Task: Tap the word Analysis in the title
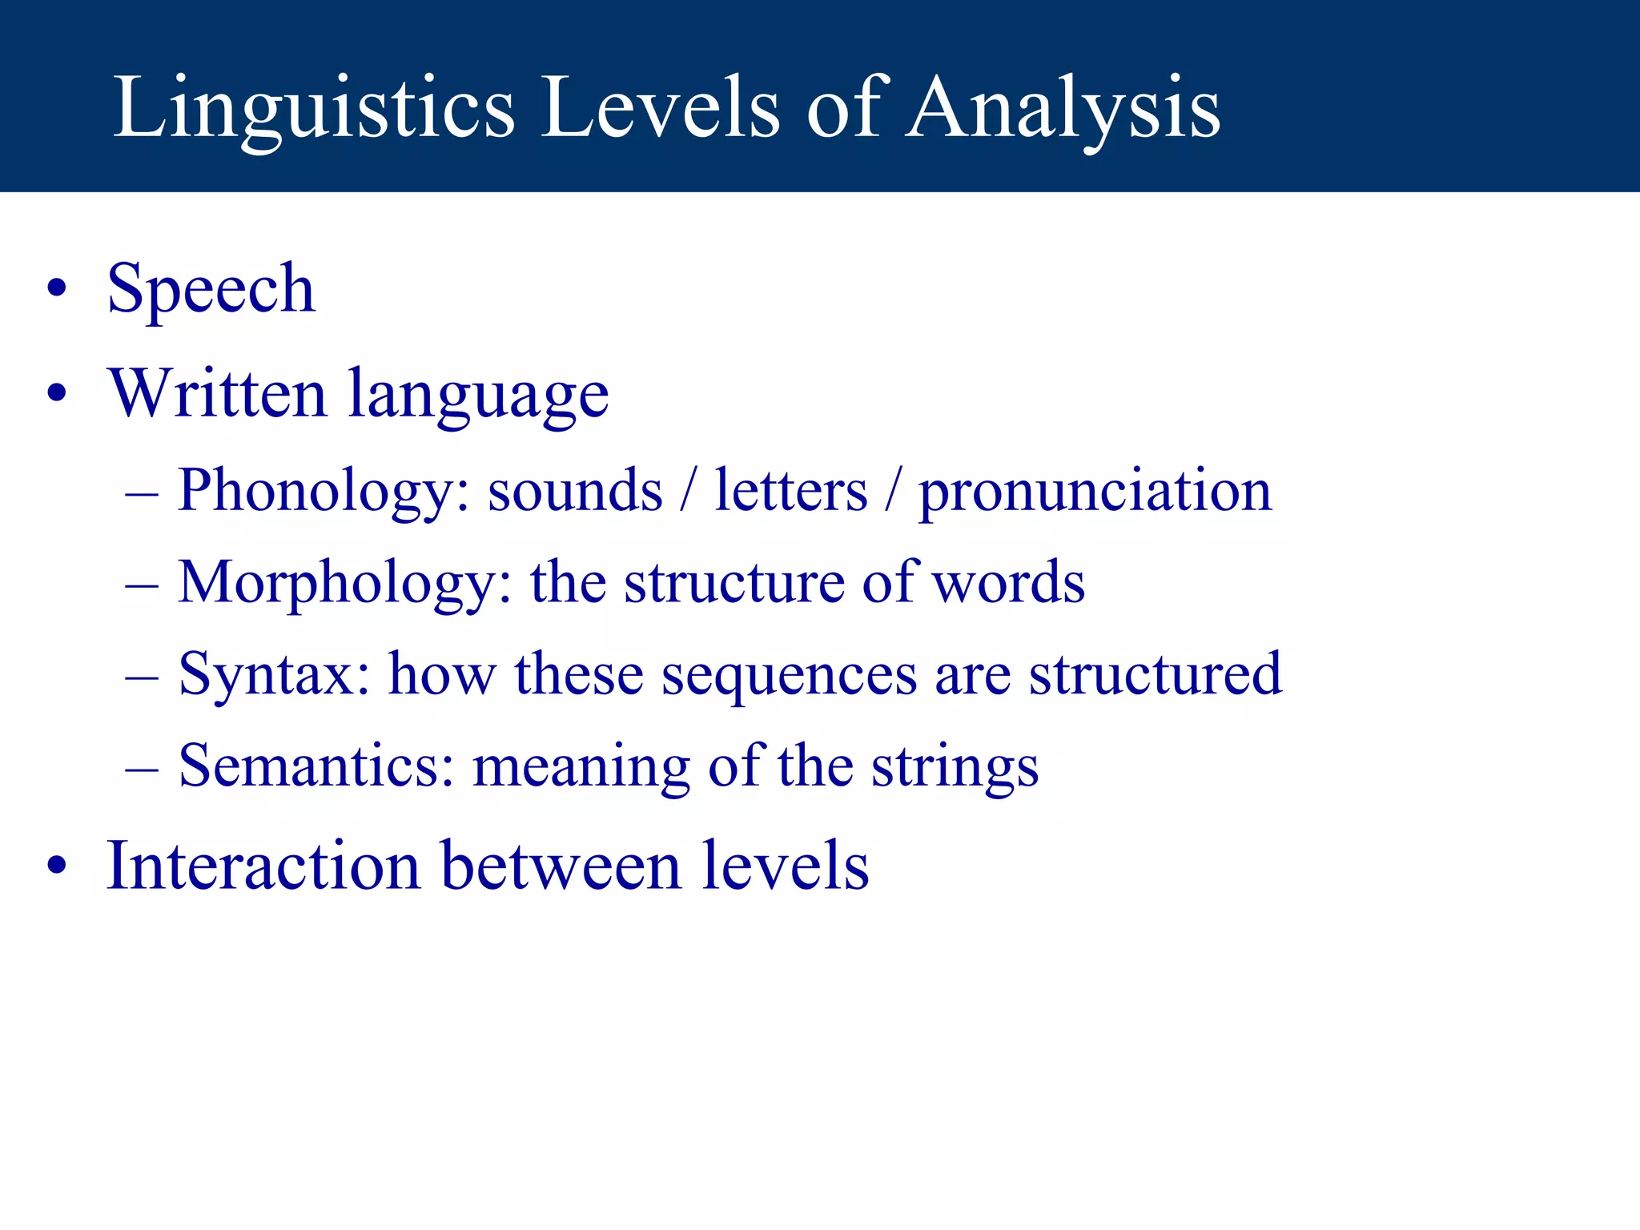pyautogui.click(x=1063, y=108)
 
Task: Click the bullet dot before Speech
pyautogui.click(x=56, y=289)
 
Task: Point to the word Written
pyautogui.click(x=217, y=393)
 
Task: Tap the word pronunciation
pyautogui.click(x=1095, y=491)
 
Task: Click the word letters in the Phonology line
pyautogui.click(x=791, y=491)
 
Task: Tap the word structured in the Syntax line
pyautogui.click(x=1156, y=675)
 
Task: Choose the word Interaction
pyautogui.click(x=263, y=866)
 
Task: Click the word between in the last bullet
pyautogui.click(x=561, y=866)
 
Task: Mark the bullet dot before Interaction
pyautogui.click(x=56, y=866)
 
